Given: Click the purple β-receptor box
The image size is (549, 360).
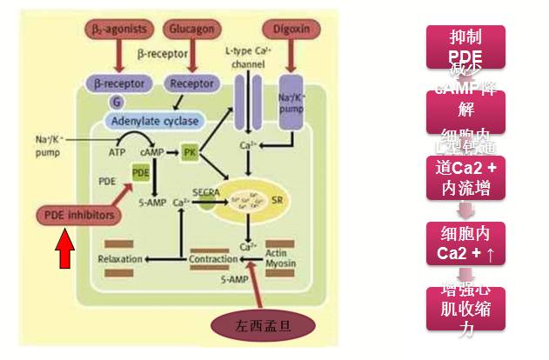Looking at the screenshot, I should (x=117, y=84).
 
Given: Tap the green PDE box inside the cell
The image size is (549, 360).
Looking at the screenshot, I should (x=141, y=173).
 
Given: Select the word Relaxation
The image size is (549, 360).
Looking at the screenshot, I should (x=120, y=259).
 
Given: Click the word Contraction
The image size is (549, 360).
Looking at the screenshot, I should (x=213, y=259).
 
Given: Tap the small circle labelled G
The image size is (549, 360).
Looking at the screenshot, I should (x=115, y=102).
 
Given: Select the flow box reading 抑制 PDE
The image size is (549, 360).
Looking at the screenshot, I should (x=465, y=46).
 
